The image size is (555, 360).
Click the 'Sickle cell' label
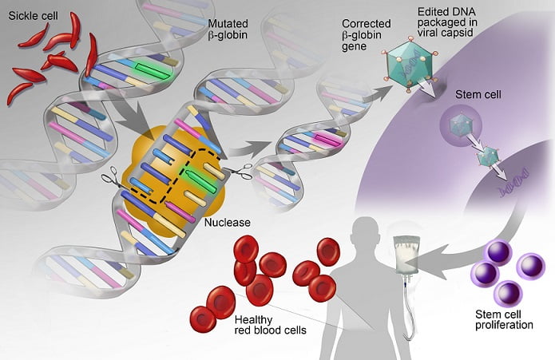click(x=33, y=16)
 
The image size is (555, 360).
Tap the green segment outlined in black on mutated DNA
click(x=153, y=70)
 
